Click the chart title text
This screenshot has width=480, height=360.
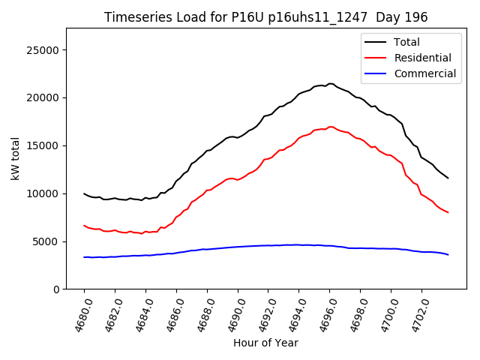265,17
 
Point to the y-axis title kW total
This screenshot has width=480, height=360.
15,159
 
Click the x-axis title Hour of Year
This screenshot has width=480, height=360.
265,343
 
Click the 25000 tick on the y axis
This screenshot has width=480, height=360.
44,50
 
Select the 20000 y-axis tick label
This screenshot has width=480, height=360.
44,98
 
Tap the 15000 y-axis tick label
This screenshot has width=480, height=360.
44,145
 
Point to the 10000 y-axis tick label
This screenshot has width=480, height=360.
44,193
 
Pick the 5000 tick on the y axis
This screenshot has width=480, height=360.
47,241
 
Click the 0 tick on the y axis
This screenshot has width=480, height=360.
57,289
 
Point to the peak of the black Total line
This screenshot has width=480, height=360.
330,84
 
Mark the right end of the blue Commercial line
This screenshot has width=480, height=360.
448,255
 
